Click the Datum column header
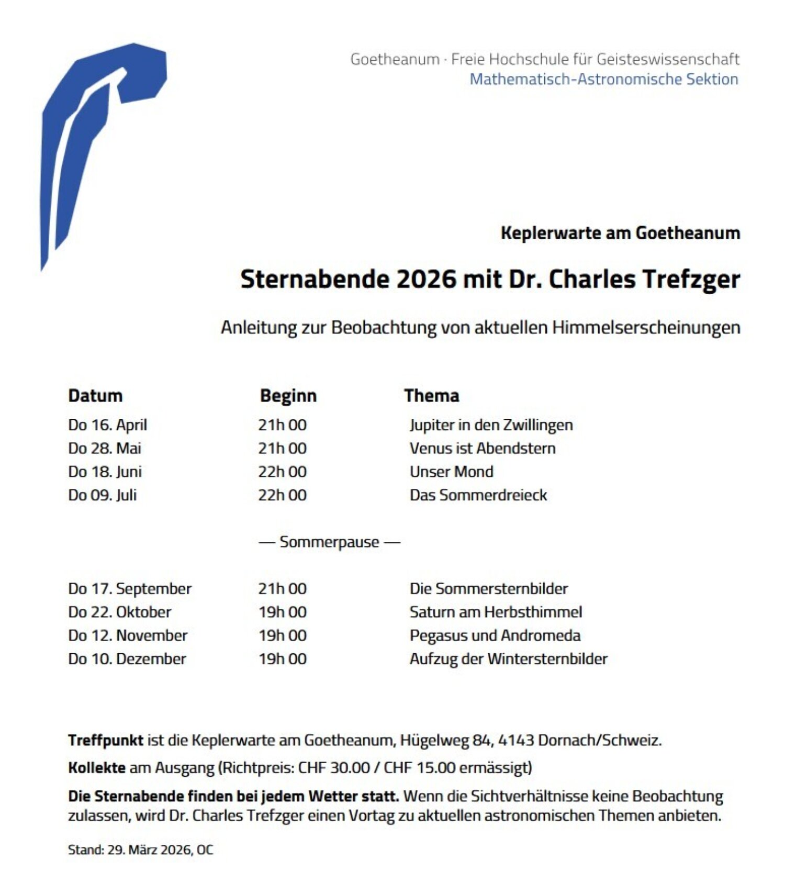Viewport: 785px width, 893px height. (x=95, y=396)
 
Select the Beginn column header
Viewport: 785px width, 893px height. (x=288, y=396)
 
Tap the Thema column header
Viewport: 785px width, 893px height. (x=432, y=396)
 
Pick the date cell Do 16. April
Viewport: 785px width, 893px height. (x=108, y=425)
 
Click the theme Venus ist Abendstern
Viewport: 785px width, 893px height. (x=483, y=448)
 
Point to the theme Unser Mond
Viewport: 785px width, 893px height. (x=451, y=472)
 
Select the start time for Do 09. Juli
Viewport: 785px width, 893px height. (x=283, y=495)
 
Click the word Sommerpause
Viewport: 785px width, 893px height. (x=329, y=542)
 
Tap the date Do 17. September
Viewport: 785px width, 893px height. (x=130, y=589)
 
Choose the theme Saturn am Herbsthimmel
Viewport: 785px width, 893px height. (x=496, y=612)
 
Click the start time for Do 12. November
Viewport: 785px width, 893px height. (x=283, y=635)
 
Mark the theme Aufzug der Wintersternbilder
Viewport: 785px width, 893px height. (x=508, y=659)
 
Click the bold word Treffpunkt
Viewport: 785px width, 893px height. (x=106, y=740)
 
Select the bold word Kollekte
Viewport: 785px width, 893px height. (x=97, y=768)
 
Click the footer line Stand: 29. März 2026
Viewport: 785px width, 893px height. (x=140, y=850)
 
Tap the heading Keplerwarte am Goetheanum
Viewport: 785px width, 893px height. (x=620, y=233)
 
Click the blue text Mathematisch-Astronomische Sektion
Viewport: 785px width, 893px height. (x=604, y=79)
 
